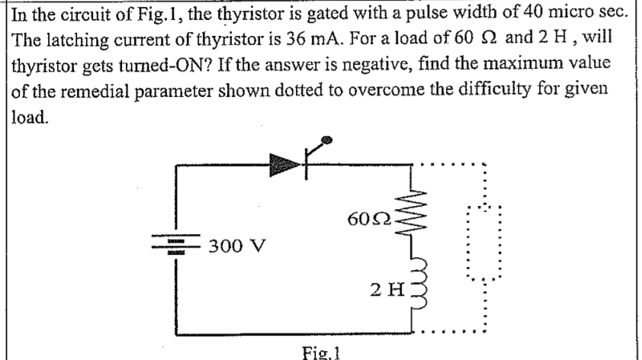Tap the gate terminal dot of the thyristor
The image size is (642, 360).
coord(328,140)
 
